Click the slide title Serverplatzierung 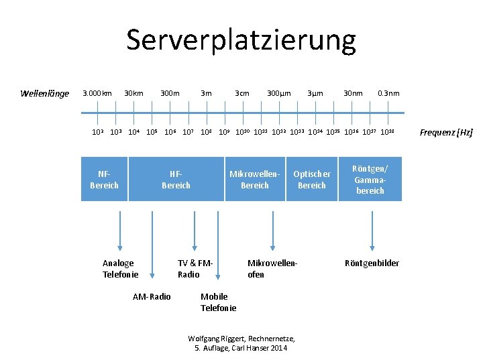click(x=241, y=40)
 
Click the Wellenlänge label click(x=44, y=93)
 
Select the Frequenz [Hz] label click(x=446, y=133)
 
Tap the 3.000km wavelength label click(x=97, y=93)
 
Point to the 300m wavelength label click(x=170, y=93)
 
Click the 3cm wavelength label click(x=241, y=93)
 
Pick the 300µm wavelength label click(x=278, y=93)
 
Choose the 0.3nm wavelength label click(x=388, y=93)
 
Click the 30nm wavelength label click(x=353, y=93)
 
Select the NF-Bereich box click(x=104, y=179)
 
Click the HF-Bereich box click(x=176, y=179)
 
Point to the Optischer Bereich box click(x=311, y=179)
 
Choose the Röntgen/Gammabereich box click(x=370, y=179)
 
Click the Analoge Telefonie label click(x=120, y=269)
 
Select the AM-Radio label click(x=152, y=296)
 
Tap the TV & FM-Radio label click(x=195, y=269)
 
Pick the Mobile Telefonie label click(x=218, y=302)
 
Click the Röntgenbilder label click(x=372, y=263)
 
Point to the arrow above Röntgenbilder click(x=371, y=229)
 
